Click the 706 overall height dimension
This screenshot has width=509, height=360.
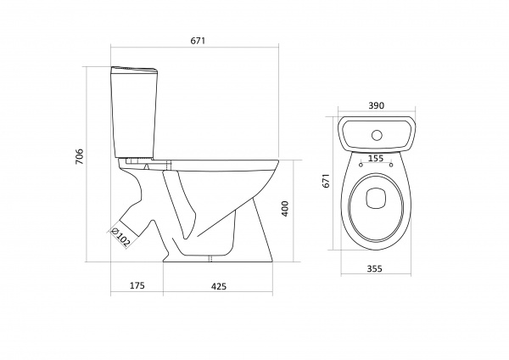pyautogui.click(x=80, y=156)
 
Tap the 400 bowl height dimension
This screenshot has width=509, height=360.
pyautogui.click(x=285, y=209)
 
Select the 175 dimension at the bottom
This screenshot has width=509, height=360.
pyautogui.click(x=137, y=285)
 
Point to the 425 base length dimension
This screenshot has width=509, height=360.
pyautogui.click(x=219, y=286)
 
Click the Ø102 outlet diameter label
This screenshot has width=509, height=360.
pyautogui.click(x=120, y=238)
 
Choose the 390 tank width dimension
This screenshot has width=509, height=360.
pyautogui.click(x=377, y=105)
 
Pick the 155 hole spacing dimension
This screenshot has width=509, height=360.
pyautogui.click(x=377, y=159)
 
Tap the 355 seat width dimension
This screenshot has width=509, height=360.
pyautogui.click(x=375, y=269)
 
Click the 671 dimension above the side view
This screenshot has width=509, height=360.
pyautogui.click(x=198, y=41)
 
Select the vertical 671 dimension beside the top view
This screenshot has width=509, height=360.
pyautogui.click(x=326, y=180)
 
